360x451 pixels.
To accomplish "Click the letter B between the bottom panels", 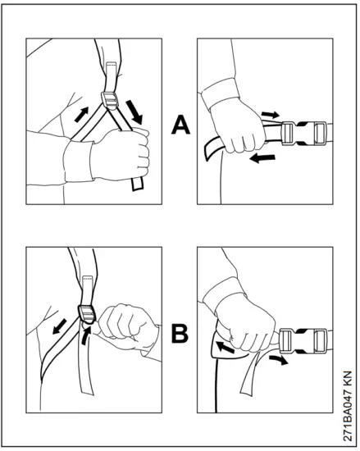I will click(180, 334).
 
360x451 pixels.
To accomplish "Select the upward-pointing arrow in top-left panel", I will click(81, 114).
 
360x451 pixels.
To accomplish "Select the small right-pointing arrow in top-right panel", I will click(270, 114).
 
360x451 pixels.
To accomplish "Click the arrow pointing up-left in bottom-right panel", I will click(226, 348).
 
